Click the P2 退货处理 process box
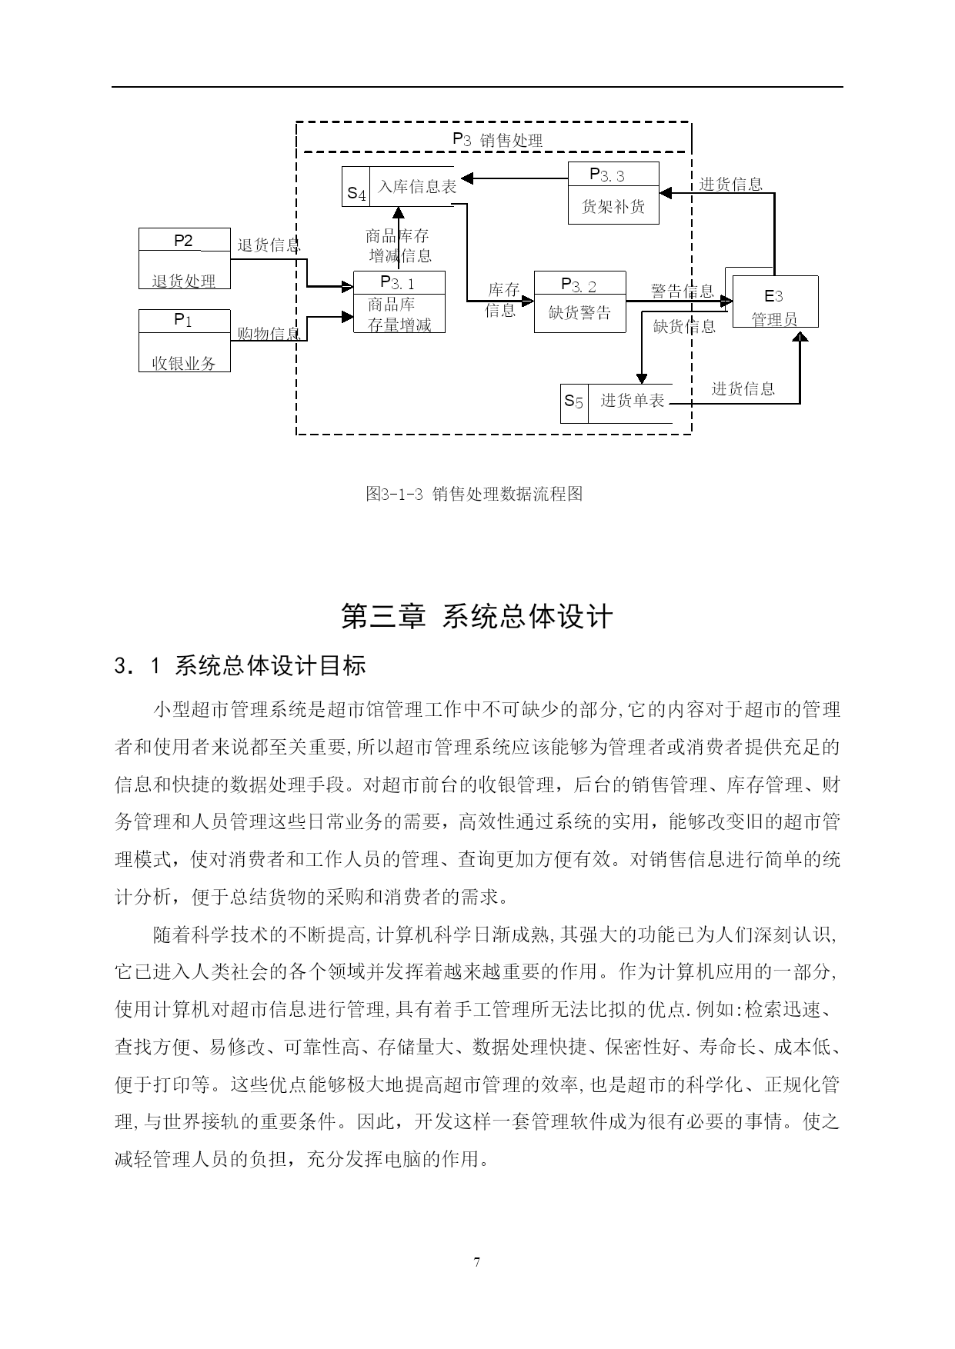184,258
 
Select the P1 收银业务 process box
184,341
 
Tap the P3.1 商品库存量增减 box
399,302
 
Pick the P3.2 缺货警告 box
579,301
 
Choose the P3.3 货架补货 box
613,193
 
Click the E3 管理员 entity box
775,301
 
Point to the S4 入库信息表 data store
399,187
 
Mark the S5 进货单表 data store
616,403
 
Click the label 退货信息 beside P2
269,245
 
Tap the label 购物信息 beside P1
269,334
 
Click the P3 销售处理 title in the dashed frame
497,139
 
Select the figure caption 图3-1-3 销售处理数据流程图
474,494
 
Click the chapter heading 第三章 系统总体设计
477,616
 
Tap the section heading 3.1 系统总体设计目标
239,665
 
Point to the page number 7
477,1262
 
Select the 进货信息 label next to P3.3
731,184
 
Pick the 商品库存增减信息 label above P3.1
399,246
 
